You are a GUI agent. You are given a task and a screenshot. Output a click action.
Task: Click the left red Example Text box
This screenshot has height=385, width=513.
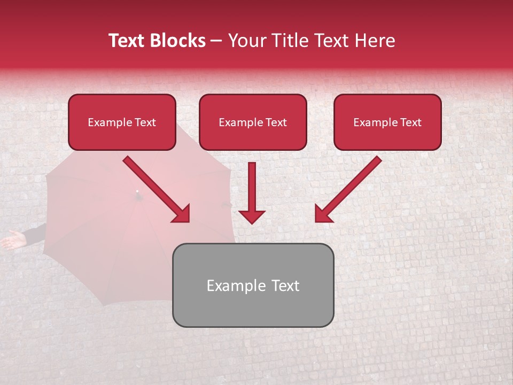[x=122, y=122]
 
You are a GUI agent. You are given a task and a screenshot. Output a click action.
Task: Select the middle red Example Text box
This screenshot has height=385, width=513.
[x=253, y=122]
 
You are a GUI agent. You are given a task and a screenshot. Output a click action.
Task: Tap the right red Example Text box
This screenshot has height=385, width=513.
[x=387, y=122]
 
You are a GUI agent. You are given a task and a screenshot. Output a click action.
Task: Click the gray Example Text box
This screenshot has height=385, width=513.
[x=253, y=285]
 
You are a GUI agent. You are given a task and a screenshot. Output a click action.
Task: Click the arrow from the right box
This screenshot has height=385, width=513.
[x=348, y=189]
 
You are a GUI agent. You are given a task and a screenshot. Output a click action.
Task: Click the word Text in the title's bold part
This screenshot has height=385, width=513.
[x=126, y=41]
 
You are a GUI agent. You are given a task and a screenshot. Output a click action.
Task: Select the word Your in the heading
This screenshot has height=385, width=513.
[x=245, y=41]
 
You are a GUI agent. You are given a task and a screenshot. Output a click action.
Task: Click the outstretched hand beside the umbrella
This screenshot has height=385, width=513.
[x=13, y=240]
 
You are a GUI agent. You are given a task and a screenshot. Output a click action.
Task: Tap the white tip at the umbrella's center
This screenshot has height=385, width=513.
[x=137, y=191]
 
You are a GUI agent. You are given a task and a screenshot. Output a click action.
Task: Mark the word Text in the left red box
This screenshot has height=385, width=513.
[x=145, y=122]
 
